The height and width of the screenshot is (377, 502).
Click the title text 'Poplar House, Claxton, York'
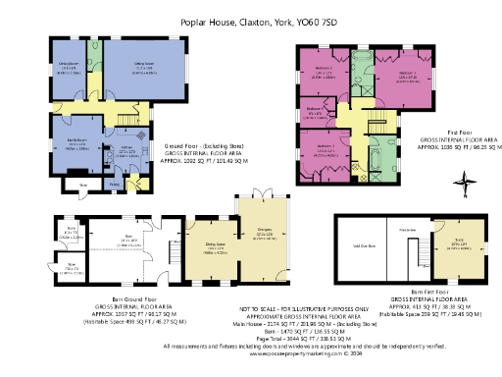tap(250, 21)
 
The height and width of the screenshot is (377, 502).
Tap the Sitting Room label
tap(143, 66)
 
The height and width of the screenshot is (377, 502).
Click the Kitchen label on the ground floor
tap(126, 150)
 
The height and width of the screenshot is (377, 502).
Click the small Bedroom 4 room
tap(315, 110)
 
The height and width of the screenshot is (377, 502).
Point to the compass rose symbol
tap(463, 180)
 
